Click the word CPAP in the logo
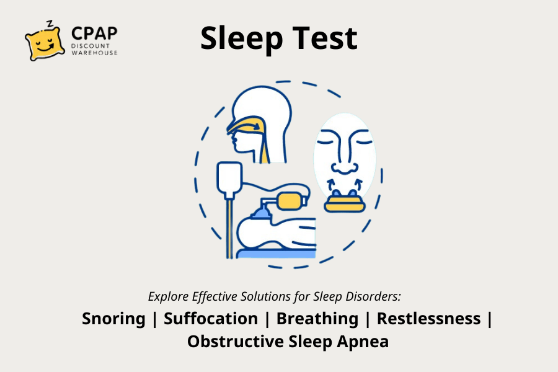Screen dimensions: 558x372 (x=94, y=33)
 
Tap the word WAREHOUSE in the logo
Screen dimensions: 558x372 (x=94, y=53)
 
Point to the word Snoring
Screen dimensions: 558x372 (x=113, y=319)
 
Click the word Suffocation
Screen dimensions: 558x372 (x=211, y=318)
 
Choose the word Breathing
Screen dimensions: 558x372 (x=317, y=319)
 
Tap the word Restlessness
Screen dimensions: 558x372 (x=429, y=318)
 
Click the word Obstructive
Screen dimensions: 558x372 (x=236, y=342)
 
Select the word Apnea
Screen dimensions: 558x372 (x=363, y=342)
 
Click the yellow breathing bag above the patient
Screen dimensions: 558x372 (x=292, y=200)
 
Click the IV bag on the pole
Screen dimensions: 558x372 (x=229, y=179)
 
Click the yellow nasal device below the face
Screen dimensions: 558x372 (x=345, y=203)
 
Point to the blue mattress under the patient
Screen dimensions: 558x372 (x=276, y=254)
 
